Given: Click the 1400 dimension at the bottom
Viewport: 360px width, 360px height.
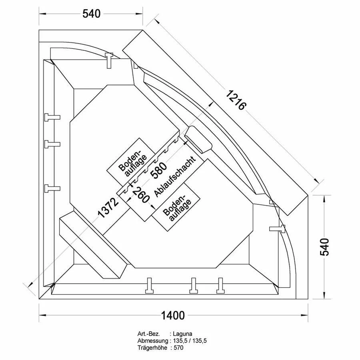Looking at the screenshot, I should point(173,315).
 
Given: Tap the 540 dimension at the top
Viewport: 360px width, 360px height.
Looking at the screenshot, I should point(91,14).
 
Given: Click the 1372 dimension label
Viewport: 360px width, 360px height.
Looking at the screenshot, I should point(108,207).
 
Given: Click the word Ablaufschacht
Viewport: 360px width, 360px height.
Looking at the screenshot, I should point(175,176).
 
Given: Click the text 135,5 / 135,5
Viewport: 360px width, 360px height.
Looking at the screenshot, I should point(190,341).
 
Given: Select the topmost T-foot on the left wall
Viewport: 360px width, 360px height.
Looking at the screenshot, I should point(52,117).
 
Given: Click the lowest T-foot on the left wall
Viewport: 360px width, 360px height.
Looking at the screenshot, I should point(52,188).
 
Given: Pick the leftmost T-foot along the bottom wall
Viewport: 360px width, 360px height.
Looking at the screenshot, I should point(150,285).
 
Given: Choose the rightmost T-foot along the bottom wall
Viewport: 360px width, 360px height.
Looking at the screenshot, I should point(220,285).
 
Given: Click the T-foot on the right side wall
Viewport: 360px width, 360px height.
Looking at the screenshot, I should point(277,228).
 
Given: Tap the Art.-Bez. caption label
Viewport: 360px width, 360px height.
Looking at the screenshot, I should point(149,334).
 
